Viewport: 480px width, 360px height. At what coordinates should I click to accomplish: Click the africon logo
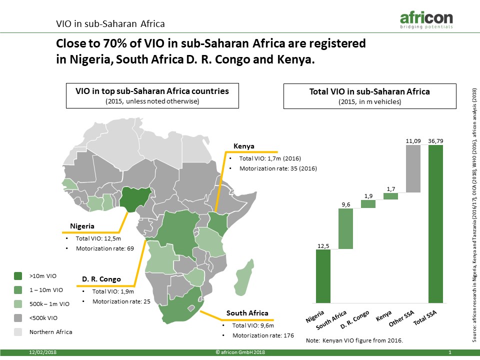tap(426, 20)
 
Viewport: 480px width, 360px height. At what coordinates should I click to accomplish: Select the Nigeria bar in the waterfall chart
tap(323, 276)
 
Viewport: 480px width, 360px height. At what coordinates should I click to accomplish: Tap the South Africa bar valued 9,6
tap(345, 228)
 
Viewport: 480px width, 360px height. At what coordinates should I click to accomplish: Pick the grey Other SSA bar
tap(413, 168)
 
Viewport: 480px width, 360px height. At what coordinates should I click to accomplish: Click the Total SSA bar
tap(435, 224)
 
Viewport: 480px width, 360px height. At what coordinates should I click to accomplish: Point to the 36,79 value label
tap(435, 141)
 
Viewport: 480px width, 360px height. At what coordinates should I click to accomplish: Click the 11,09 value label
tap(413, 141)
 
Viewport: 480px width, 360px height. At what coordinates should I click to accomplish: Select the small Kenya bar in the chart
tap(391, 196)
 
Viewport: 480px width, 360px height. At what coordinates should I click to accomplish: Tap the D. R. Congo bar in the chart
tap(368, 204)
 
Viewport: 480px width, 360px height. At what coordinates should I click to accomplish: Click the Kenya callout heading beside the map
tap(243, 146)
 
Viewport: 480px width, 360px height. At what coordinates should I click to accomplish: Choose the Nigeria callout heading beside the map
tap(82, 226)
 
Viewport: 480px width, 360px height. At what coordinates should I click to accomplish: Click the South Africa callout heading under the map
tap(247, 313)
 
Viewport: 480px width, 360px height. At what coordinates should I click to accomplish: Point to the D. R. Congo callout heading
tap(101, 279)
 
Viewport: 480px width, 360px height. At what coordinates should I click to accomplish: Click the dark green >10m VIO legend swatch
tap(18, 276)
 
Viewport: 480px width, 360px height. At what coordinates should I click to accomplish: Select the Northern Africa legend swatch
tap(18, 332)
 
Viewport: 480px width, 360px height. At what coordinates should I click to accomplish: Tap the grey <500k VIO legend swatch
tap(18, 318)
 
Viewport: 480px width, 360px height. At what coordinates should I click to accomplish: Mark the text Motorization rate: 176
tap(263, 335)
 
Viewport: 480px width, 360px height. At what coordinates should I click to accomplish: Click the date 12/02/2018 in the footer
tap(43, 352)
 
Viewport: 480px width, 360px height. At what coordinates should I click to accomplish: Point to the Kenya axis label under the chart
tap(383, 315)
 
